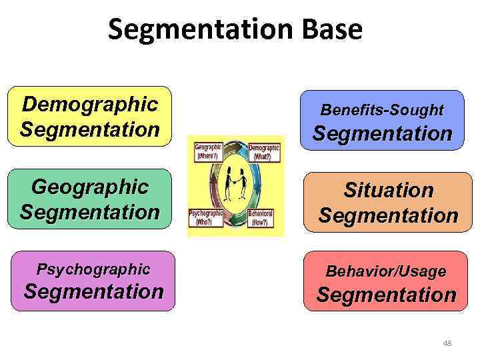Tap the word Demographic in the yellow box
coord(89,104)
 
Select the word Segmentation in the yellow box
coord(89,128)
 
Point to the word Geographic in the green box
coord(89,187)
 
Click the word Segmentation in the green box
coord(89,212)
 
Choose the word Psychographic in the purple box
coord(93,269)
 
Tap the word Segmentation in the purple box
coord(93,291)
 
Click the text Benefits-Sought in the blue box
coord(382,109)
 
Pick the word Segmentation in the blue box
coord(382,133)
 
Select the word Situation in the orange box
coord(388,191)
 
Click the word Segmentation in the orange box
coord(388,215)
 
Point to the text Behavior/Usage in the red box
coord(386,271)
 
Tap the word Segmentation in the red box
coord(386,295)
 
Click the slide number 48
coord(447,343)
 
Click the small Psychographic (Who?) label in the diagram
coord(207,219)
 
